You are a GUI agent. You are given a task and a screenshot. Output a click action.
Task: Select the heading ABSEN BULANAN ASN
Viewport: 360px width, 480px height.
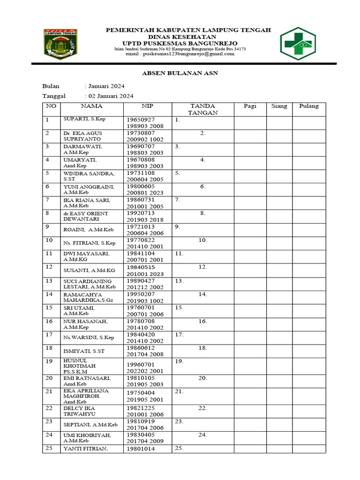click(x=180, y=73)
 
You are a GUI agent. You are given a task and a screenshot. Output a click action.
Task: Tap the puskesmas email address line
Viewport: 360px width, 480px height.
click(x=180, y=54)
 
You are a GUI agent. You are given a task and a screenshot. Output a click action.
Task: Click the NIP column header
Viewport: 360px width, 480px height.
click(x=148, y=106)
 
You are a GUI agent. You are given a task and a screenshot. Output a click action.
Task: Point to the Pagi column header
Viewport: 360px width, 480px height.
click(x=250, y=106)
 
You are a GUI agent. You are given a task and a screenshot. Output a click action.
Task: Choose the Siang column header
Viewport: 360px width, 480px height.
click(x=279, y=106)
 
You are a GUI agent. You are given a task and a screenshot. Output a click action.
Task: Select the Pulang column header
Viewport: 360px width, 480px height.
click(x=309, y=106)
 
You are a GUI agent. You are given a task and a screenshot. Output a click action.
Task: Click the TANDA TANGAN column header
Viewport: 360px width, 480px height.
click(x=202, y=109)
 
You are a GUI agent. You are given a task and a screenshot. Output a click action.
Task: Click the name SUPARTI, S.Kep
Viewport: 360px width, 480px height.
click(x=84, y=119)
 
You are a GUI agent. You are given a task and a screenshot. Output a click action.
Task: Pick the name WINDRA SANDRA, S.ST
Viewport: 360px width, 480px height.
click(x=89, y=176)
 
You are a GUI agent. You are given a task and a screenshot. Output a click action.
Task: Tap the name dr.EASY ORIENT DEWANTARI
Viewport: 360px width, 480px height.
click(x=86, y=216)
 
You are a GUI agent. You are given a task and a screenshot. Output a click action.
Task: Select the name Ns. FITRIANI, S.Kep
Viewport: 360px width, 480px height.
click(x=90, y=243)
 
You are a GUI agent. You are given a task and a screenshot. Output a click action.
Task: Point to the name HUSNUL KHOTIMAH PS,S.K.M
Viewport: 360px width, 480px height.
click(x=79, y=366)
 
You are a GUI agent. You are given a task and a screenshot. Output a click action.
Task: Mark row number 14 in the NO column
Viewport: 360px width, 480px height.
click(x=49, y=294)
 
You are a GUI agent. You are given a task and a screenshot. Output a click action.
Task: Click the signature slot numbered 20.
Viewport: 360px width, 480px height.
click(x=202, y=378)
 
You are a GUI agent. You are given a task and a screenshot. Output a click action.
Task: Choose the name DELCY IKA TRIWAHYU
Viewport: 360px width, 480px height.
click(x=80, y=411)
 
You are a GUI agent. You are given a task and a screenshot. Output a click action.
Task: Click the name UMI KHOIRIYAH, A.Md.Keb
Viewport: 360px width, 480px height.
click(x=87, y=438)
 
